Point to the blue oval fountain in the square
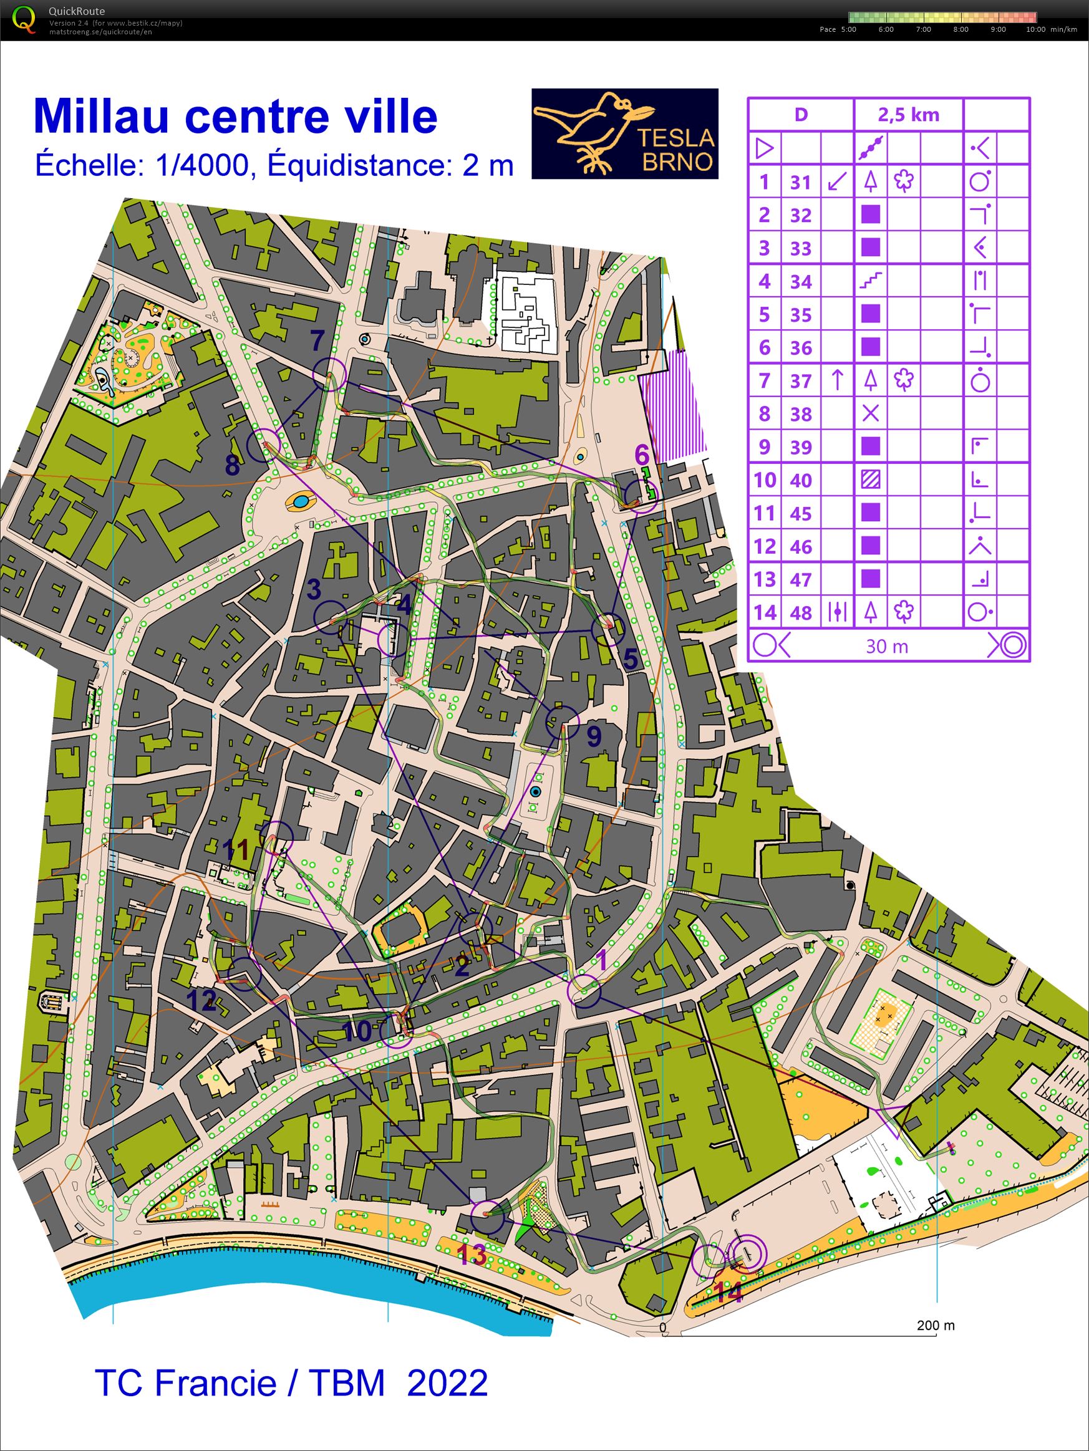coord(301,503)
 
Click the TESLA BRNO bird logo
coord(624,134)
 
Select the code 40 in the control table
coord(800,480)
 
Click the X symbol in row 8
coord(870,413)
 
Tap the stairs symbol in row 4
coord(870,281)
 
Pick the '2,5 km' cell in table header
coord(908,115)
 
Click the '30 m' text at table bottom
coord(887,646)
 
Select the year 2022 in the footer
coord(447,1382)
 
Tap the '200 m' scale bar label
coord(936,1325)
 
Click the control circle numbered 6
coord(641,496)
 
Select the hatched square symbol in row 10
coord(870,480)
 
